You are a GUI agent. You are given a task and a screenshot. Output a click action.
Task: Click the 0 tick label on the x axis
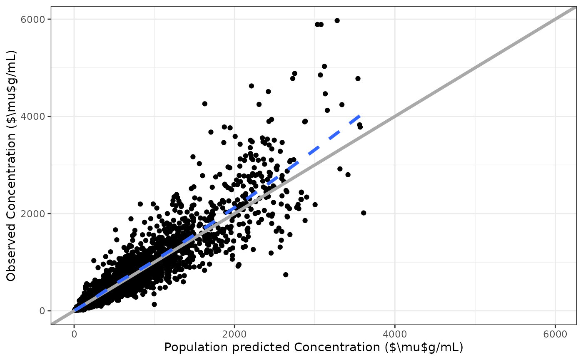pyautogui.click(x=74, y=334)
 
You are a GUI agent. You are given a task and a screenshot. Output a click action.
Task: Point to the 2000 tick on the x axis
pyautogui.click(x=234, y=334)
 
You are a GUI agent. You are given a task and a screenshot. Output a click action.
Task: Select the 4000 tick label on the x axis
pyautogui.click(x=395, y=334)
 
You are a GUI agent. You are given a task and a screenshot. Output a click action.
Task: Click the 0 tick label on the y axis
pyautogui.click(x=42, y=311)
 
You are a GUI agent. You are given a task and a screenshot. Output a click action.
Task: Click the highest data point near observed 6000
pyautogui.click(x=337, y=20)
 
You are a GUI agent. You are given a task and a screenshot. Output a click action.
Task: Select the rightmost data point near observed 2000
pyautogui.click(x=364, y=213)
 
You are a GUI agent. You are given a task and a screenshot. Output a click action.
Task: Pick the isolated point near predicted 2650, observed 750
pyautogui.click(x=286, y=275)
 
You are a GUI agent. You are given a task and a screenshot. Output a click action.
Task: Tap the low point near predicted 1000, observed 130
pyautogui.click(x=154, y=304)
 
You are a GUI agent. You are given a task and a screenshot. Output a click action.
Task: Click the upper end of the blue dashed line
pyautogui.click(x=359, y=115)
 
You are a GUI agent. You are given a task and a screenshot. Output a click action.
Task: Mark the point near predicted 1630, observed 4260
pyautogui.click(x=204, y=104)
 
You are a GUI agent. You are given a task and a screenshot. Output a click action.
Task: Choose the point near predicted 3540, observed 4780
pyautogui.click(x=358, y=78)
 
